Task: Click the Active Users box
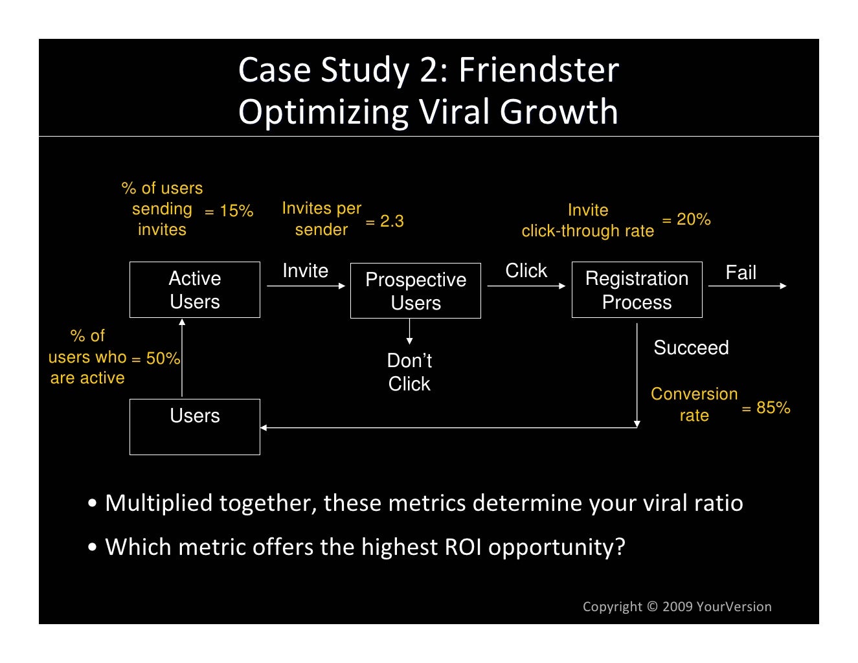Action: click(x=194, y=289)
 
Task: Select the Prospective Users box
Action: click(x=415, y=291)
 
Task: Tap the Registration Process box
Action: click(x=637, y=289)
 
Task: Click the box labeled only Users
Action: click(x=194, y=427)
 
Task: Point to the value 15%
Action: click(x=236, y=211)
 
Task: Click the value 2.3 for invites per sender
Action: click(x=392, y=221)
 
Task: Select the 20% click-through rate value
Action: click(x=694, y=219)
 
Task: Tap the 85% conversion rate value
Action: click(x=773, y=408)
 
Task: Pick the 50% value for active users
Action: click(x=163, y=358)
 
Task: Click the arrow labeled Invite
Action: click(x=306, y=286)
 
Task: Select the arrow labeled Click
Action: click(x=526, y=286)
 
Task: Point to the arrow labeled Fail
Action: click(x=747, y=286)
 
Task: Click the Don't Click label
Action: click(x=409, y=372)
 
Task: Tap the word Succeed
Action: click(x=691, y=348)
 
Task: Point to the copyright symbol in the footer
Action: click(x=652, y=607)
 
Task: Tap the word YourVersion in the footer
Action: click(x=734, y=607)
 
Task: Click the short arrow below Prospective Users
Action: click(x=409, y=331)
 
